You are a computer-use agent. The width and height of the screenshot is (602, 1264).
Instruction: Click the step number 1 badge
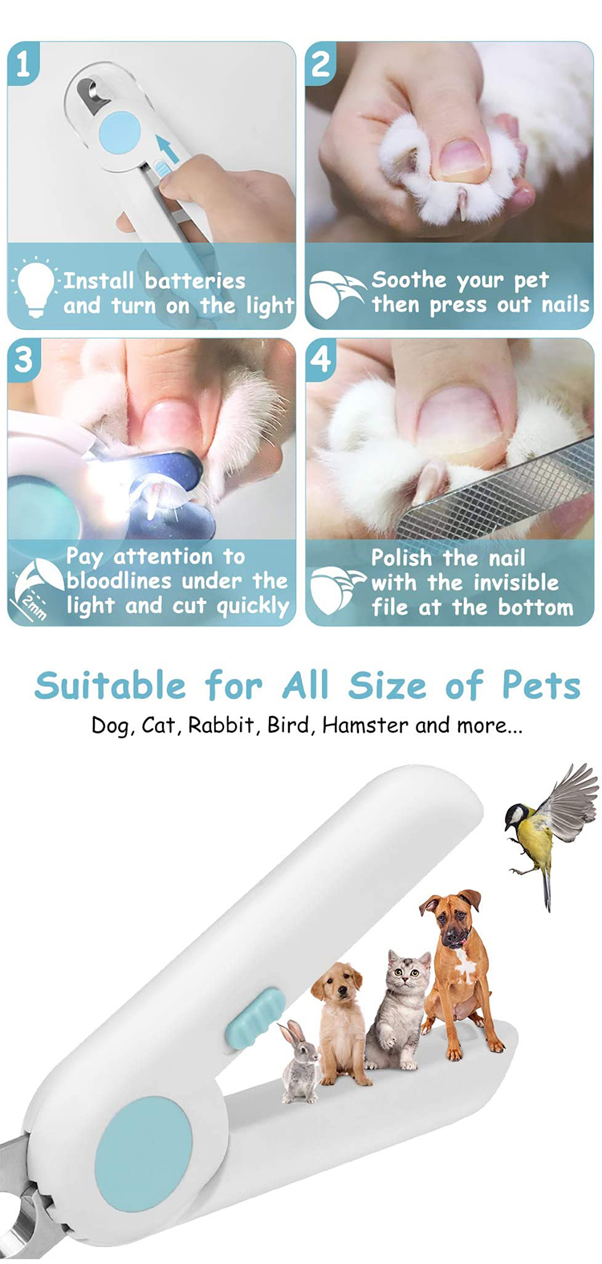pos(22,63)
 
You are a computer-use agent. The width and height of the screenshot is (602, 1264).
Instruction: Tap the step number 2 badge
pos(320,63)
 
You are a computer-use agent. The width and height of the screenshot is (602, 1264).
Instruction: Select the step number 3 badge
pos(22,358)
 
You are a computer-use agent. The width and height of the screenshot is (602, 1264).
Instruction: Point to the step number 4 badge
pos(320,358)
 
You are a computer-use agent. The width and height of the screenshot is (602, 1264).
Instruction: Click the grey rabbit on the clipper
pos(299,1063)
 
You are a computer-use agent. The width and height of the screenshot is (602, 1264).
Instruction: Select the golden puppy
pos(340,1019)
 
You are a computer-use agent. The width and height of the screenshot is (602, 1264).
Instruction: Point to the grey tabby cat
pos(397,1011)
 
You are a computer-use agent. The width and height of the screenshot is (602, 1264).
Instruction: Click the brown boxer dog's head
pos(452,918)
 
